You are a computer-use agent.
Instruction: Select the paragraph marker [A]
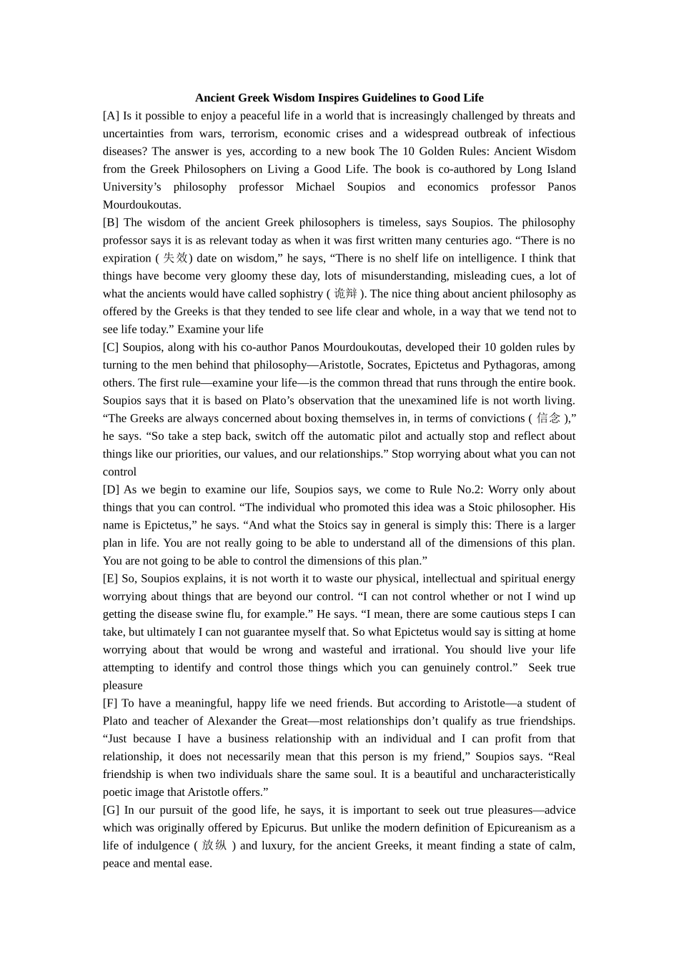point(111,116)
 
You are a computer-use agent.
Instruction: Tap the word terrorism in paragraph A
point(252,134)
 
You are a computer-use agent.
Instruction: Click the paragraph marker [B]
point(111,222)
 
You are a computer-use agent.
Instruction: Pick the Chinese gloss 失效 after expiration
point(175,258)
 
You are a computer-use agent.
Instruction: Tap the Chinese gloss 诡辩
point(345,294)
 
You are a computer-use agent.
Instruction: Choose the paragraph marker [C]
point(111,348)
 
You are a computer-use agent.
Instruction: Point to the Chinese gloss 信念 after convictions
point(548,418)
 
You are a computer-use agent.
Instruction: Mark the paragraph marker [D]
point(111,490)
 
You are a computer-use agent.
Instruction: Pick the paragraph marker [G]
point(111,810)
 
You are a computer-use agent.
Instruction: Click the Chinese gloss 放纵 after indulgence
point(214,846)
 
